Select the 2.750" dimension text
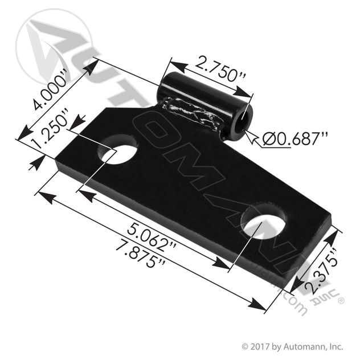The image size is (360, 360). coord(220,70)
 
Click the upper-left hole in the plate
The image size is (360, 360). coord(117,149)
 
